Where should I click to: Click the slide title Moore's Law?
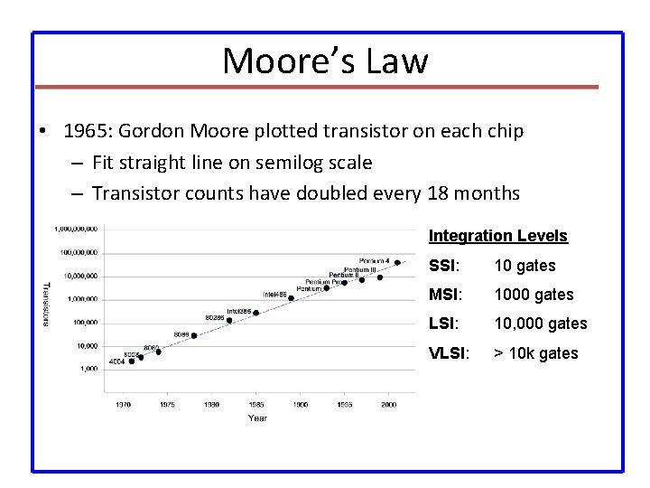tap(325, 61)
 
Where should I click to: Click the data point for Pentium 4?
tap(396, 263)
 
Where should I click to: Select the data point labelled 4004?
tap(132, 361)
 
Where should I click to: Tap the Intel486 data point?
tap(291, 298)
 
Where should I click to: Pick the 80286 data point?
tap(229, 319)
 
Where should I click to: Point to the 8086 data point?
tap(193, 335)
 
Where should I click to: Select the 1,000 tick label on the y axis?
tap(88, 368)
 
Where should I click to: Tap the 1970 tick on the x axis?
tap(123, 405)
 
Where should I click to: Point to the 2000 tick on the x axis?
tap(388, 405)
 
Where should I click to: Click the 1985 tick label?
tap(255, 405)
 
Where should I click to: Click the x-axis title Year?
tap(259, 418)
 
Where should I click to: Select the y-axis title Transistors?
tap(48, 304)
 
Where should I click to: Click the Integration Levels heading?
tap(497, 236)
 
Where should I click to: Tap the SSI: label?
tap(446, 266)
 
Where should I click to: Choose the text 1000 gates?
tap(534, 295)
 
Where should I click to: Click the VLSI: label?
tap(450, 352)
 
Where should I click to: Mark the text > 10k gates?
tap(536, 352)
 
